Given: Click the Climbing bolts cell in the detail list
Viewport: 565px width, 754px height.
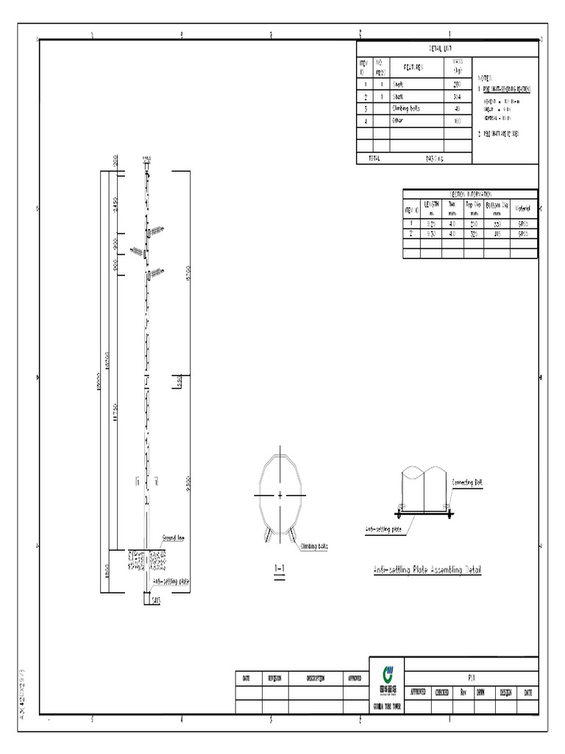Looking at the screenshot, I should pyautogui.click(x=408, y=108).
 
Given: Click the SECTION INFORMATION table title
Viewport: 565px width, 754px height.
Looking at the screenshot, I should pyautogui.click(x=469, y=193).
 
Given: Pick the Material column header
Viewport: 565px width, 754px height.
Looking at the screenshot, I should pyautogui.click(x=523, y=208).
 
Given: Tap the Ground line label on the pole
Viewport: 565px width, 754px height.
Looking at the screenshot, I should pyautogui.click(x=173, y=538).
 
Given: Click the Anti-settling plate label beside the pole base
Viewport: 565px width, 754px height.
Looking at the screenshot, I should pyautogui.click(x=171, y=581).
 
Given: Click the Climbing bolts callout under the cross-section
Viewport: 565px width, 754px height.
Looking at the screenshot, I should pyautogui.click(x=314, y=546).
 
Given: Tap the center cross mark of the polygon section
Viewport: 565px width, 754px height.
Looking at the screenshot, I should pyautogui.click(x=280, y=496).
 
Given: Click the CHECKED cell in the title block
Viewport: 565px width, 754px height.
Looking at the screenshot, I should pyautogui.click(x=442, y=693).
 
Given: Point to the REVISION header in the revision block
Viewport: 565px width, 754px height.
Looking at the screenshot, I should pyautogui.click(x=274, y=678).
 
